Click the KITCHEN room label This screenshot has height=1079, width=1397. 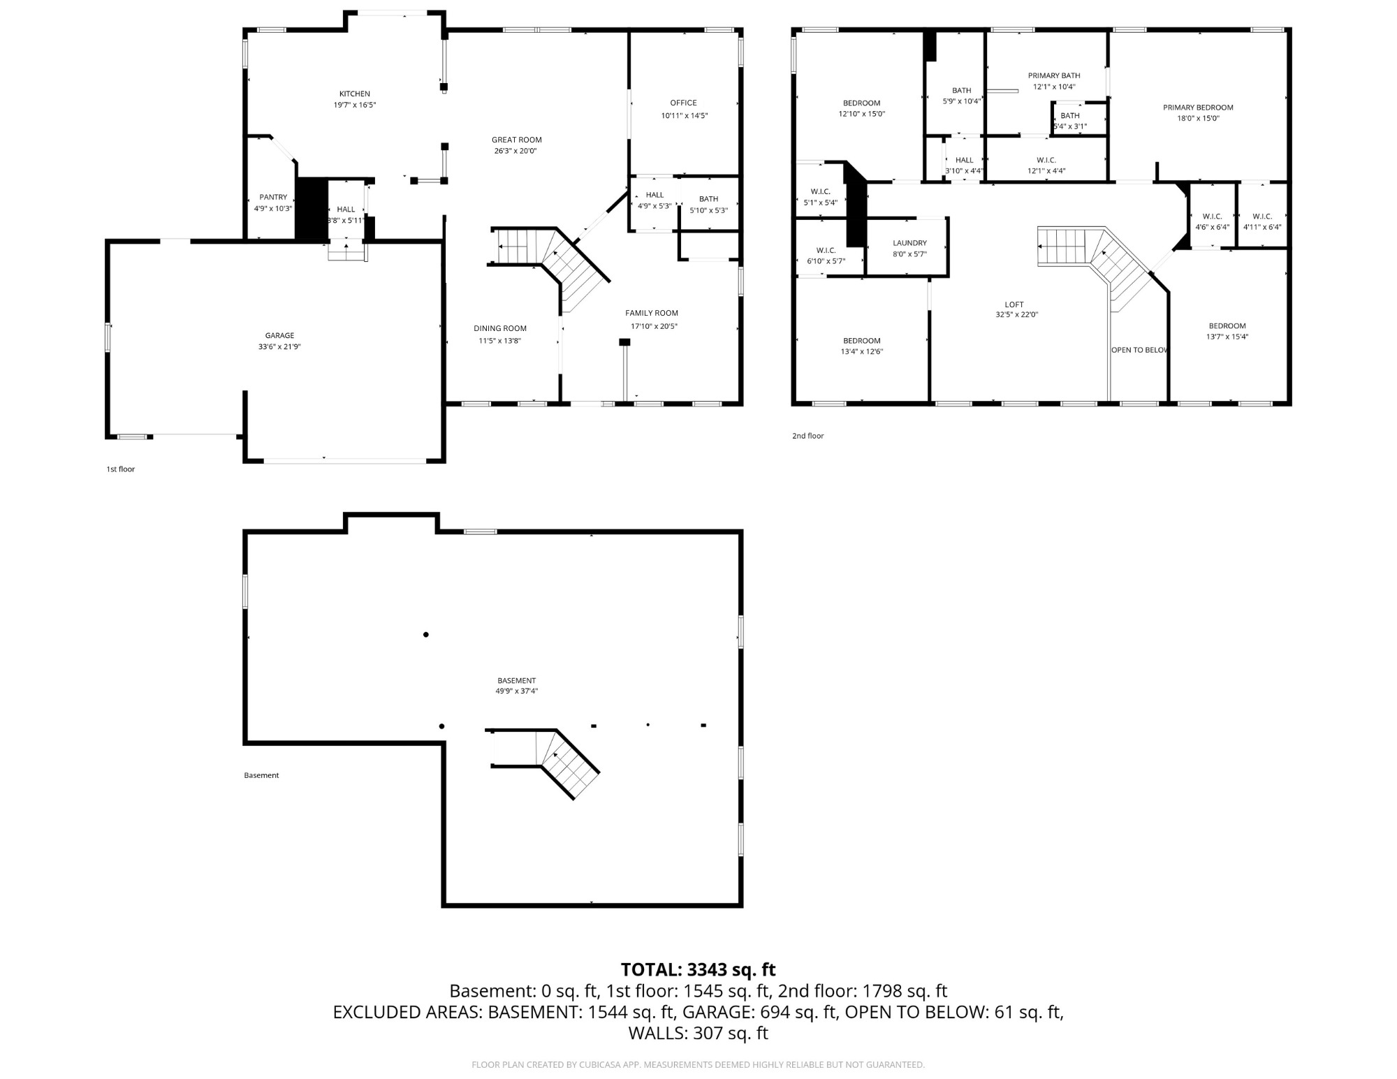coord(354,94)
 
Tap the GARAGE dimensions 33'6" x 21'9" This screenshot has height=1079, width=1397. coord(279,346)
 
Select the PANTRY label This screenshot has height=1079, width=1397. coord(273,197)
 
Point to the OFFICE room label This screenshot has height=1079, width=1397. coord(683,103)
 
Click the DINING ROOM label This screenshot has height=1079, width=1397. coord(500,328)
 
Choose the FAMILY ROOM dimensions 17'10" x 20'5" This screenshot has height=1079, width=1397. coord(654,326)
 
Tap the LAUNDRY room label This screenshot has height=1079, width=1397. coord(909,243)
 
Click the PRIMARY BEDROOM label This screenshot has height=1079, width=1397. coord(1198,108)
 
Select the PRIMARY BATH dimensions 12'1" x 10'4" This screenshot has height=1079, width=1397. coord(1054,87)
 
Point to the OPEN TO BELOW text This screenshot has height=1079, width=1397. coord(1139,350)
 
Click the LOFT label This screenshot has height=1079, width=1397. coord(1014,304)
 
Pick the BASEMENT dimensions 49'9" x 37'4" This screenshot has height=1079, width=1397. coord(516,691)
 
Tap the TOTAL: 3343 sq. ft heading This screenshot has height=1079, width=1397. coord(698,969)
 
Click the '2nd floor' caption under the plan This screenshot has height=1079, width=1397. coord(807,436)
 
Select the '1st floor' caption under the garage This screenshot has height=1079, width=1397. coord(120,469)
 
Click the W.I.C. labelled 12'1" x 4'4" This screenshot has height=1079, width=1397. coord(1046,166)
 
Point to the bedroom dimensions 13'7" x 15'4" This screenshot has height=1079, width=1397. coord(1227,337)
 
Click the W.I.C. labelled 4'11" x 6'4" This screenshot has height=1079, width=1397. coord(1262,221)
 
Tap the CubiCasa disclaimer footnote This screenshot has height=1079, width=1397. coord(698,1065)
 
